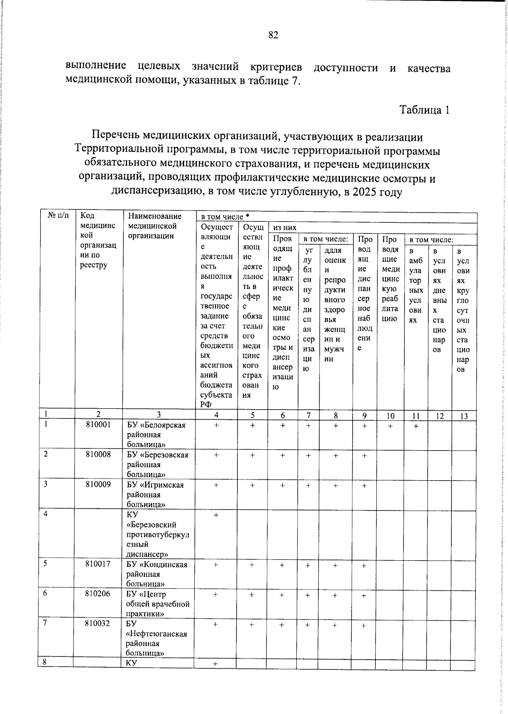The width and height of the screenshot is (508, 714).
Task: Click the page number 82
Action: tap(273, 35)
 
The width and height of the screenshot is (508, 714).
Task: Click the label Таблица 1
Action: tap(425, 110)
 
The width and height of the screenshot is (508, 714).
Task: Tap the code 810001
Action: tap(98, 425)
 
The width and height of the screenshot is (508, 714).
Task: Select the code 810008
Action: tap(98, 454)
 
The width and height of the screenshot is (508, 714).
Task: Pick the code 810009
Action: tap(98, 484)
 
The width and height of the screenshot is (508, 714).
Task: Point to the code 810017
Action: tap(98, 564)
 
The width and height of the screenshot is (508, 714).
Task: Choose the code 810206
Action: tap(98, 594)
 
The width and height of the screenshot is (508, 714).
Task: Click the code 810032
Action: tap(98, 623)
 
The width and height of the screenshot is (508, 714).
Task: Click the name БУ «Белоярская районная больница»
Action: tap(157, 434)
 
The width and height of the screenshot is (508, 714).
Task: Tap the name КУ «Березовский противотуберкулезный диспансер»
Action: tap(157, 534)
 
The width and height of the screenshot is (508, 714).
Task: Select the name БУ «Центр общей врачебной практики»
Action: tap(157, 604)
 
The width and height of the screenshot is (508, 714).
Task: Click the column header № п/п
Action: tap(58, 216)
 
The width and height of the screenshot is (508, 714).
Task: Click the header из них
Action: tap(285, 227)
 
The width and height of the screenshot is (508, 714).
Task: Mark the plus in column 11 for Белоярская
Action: tap(416, 426)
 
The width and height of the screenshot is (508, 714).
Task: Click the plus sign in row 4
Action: tap(216, 515)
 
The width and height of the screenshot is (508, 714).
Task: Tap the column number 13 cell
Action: tap(464, 416)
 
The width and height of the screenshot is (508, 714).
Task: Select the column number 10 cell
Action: tap(390, 416)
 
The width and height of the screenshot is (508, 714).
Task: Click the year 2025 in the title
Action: tap(365, 192)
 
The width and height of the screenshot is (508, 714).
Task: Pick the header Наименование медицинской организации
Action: tap(155, 226)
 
